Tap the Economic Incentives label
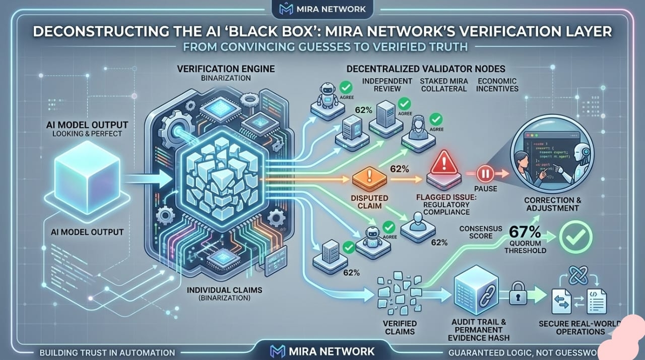click(498, 85)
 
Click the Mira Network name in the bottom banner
click(331, 351)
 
